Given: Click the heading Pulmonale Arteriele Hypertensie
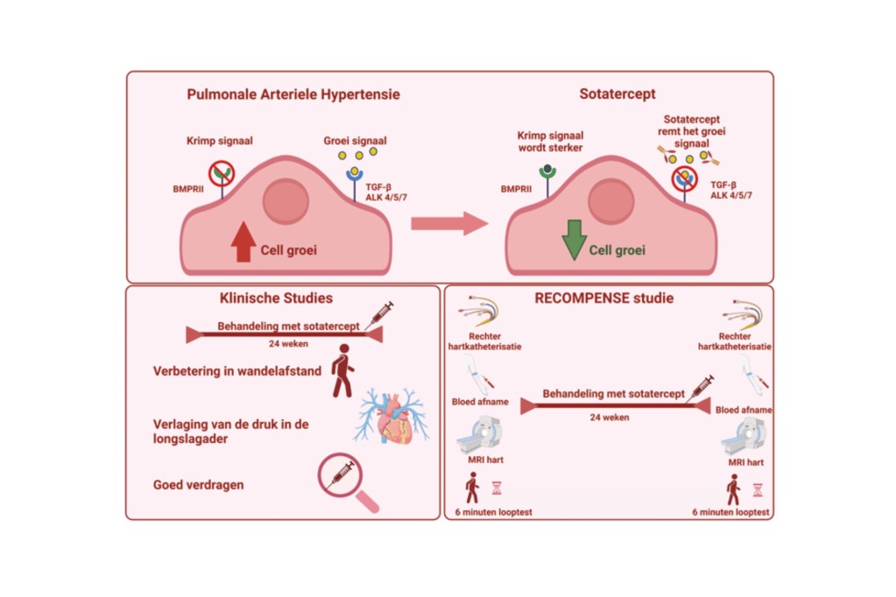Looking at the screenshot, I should pos(293,95).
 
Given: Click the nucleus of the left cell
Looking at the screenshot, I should pos(286,201).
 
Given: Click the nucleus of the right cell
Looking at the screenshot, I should pos(610,202).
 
